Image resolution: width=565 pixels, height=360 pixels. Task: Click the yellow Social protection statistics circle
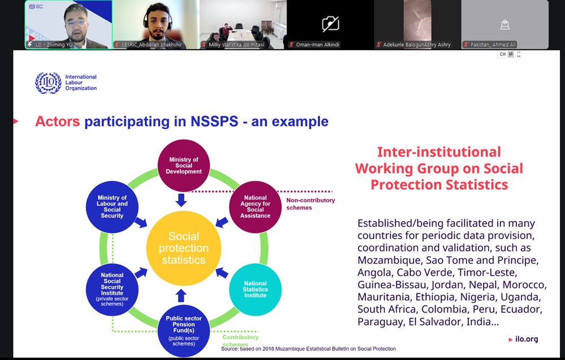click(184, 248)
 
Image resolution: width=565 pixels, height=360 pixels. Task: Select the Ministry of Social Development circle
click(184, 166)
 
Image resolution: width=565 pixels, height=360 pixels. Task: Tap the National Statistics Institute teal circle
click(255, 289)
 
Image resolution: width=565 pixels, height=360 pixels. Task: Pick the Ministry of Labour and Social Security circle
click(112, 207)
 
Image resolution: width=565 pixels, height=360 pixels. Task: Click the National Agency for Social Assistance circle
click(255, 207)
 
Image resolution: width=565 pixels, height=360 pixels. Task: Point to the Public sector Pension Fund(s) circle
click(184, 331)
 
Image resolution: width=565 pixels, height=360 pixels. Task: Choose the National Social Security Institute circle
click(112, 289)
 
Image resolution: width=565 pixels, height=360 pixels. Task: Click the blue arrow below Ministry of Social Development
click(181, 200)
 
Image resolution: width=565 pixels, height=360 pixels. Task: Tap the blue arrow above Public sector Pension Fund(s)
click(181, 296)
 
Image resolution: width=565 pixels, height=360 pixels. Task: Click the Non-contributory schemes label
click(311, 203)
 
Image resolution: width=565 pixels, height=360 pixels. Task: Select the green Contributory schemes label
click(240, 341)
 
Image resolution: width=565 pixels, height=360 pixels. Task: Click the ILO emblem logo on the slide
click(48, 83)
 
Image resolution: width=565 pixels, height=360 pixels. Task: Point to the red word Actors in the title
click(57, 122)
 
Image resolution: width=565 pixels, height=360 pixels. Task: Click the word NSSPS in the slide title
click(214, 122)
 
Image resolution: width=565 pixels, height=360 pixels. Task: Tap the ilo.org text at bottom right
click(527, 339)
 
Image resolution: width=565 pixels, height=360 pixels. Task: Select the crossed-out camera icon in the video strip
click(331, 24)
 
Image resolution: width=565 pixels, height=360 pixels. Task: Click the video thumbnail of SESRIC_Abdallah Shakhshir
click(156, 24)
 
